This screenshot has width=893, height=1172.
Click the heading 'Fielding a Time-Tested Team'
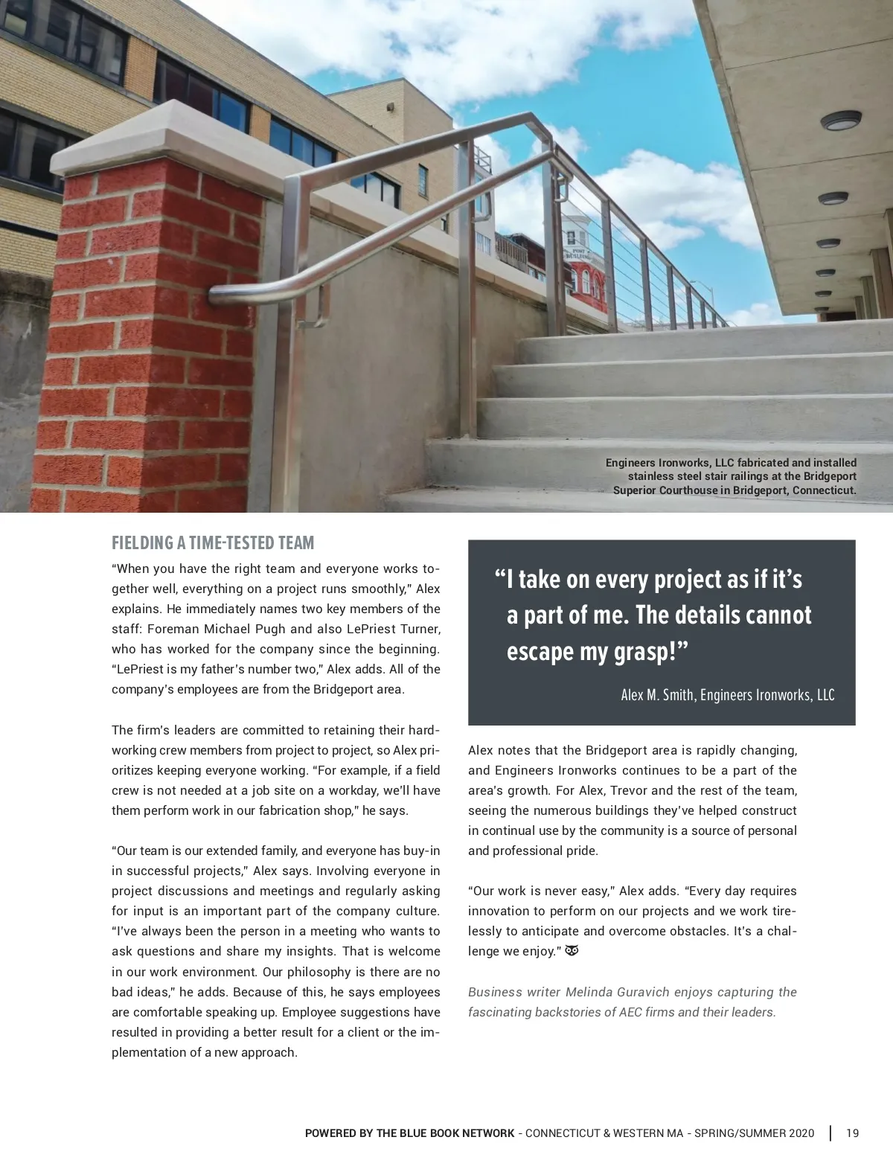pyautogui.click(x=213, y=542)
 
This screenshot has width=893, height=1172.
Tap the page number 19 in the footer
pyautogui.click(x=852, y=1133)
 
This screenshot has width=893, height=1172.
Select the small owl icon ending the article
pyautogui.click(x=572, y=951)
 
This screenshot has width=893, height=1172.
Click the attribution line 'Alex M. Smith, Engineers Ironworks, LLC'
pyautogui.click(x=727, y=695)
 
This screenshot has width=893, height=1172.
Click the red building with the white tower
pyautogui.click(x=586, y=275)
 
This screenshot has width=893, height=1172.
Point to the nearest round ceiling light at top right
pyautogui.click(x=841, y=121)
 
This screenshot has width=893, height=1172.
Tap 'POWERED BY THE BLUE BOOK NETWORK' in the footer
pyautogui.click(x=409, y=1133)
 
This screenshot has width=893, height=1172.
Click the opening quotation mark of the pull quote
pyautogui.click(x=499, y=579)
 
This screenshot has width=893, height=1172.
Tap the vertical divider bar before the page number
pyautogui.click(x=830, y=1133)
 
